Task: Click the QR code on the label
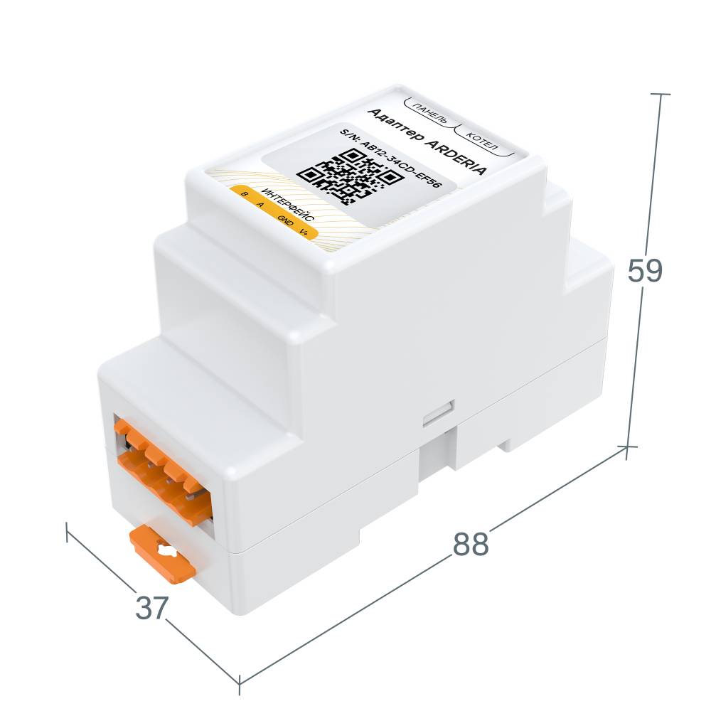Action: click(x=349, y=175)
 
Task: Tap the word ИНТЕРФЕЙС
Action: click(x=289, y=205)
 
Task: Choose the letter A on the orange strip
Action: click(x=261, y=205)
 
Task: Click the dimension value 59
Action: click(x=645, y=271)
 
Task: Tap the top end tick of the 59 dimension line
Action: click(x=661, y=94)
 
